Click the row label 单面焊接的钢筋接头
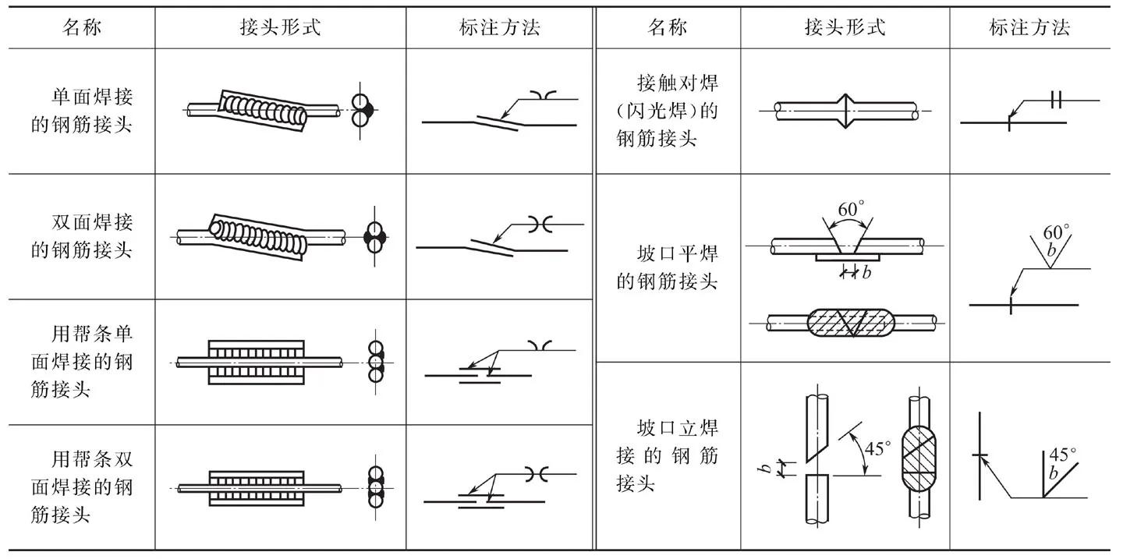pos(82,111)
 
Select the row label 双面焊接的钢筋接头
pos(82,236)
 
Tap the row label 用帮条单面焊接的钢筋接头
pos(82,361)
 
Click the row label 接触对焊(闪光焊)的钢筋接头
pos(667,111)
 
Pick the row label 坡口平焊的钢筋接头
pos(667,267)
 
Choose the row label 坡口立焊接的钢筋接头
pos(667,455)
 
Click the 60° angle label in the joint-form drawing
pos(851,211)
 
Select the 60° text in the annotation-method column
pos(1057,232)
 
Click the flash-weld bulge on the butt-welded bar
pos(845,111)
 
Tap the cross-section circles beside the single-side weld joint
pos(360,110)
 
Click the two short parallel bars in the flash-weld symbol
pos(1057,101)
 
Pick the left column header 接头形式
pos(280,29)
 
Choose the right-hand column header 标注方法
pos(1029,29)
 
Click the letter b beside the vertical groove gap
pos(767,469)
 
